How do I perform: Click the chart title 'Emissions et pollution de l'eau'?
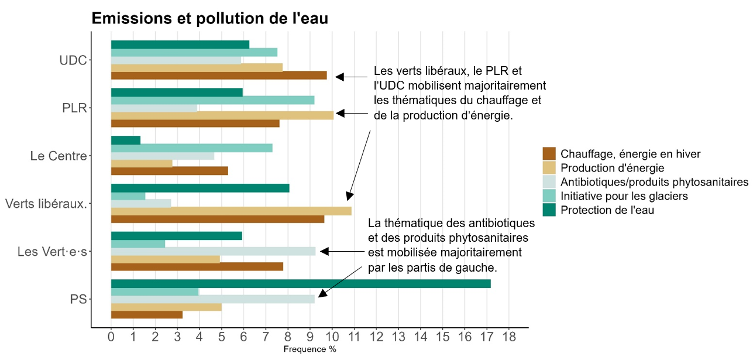coord(209,19)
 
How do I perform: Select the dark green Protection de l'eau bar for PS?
coord(301,283)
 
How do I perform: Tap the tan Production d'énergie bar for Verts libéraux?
coord(231,211)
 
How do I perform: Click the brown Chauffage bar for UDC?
coord(219,76)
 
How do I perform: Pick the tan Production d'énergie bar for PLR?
coord(222,115)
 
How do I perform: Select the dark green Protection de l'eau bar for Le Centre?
coord(126,140)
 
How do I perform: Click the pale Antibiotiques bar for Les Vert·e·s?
coord(213,251)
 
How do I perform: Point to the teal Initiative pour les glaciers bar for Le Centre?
coord(192,148)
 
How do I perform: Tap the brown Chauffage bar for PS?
coord(147,315)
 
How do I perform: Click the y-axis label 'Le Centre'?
coord(58,156)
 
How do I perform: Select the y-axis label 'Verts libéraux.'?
coord(46,204)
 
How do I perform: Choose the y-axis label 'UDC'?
coord(73,60)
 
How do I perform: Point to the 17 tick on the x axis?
coord(486,337)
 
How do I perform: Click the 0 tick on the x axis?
coord(111,337)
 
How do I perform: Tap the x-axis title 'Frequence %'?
coord(310,349)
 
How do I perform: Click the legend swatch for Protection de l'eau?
coord(549,210)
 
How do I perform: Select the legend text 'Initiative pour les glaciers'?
coord(624,196)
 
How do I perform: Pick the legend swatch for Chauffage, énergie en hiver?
coord(549,153)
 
